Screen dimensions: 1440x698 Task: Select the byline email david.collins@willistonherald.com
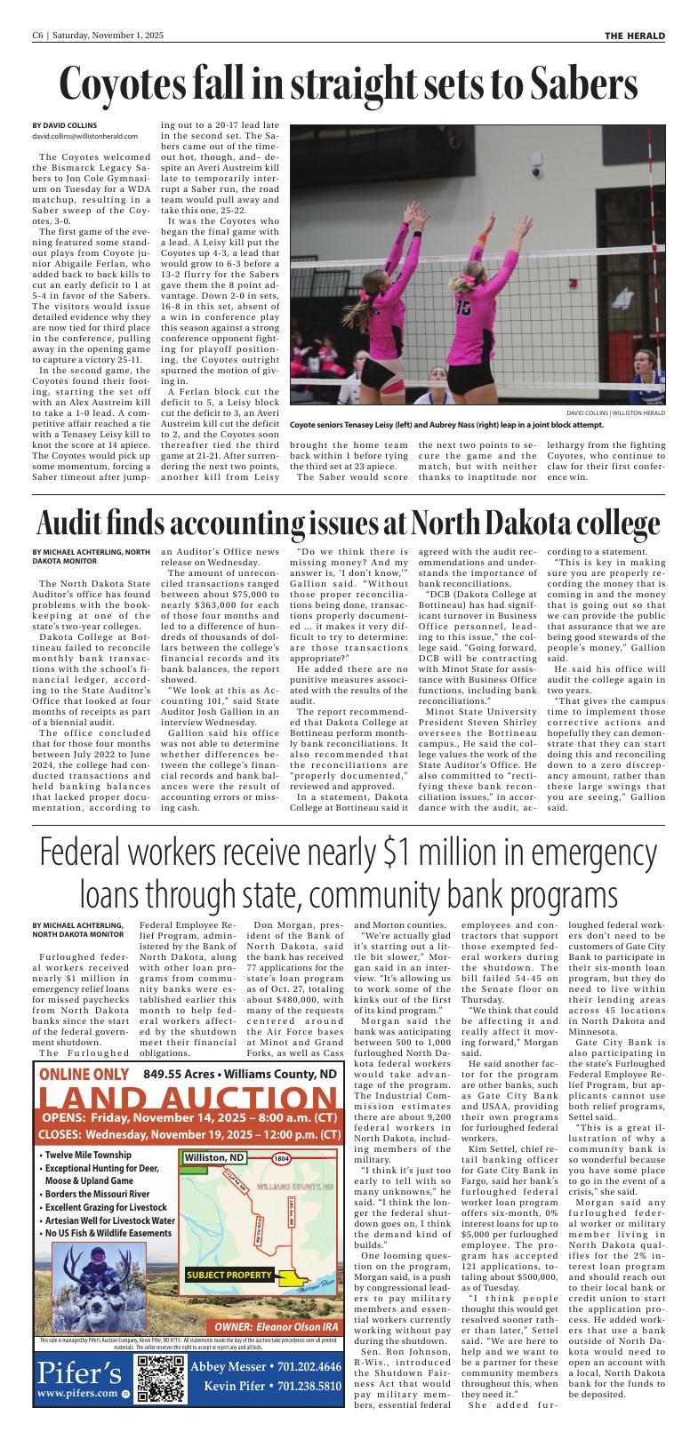coord(85,136)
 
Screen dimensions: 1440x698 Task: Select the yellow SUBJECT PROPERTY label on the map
coord(229,1276)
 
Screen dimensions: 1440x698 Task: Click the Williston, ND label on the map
coord(214,1157)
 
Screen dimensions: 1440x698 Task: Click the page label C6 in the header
coord(38,36)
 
